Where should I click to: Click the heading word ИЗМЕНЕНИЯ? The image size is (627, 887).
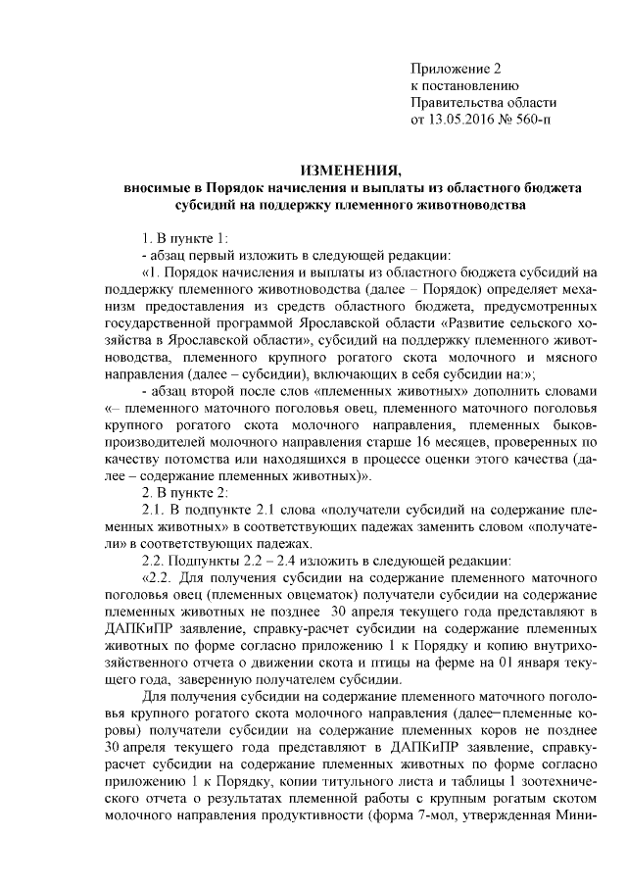(x=352, y=168)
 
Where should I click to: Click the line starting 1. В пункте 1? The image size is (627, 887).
(x=184, y=238)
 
